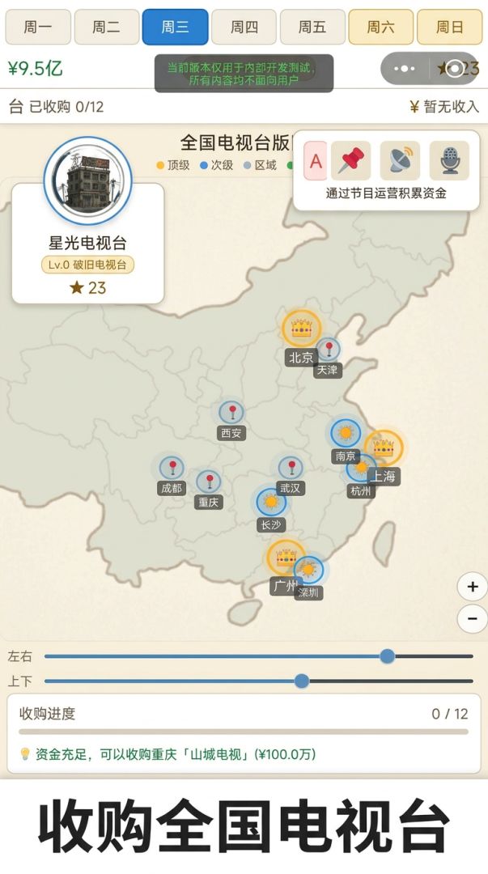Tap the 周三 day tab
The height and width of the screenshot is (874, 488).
point(175,27)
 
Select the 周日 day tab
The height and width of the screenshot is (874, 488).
point(449,27)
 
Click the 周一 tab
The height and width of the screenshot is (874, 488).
point(37,27)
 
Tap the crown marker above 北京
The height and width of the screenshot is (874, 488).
point(302,328)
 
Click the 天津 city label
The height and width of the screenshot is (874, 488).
point(327,370)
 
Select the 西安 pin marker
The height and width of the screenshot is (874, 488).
point(231,413)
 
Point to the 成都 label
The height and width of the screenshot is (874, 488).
point(171,488)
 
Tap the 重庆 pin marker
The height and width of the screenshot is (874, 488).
point(209,482)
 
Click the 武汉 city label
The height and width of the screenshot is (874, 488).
point(290,488)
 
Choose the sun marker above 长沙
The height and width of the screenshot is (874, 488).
point(271,502)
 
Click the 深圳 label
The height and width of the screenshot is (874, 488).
point(308,592)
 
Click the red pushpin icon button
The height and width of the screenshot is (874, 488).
point(350,161)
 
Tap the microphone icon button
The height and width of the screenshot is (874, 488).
point(449,161)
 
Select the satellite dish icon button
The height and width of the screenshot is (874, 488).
point(400,161)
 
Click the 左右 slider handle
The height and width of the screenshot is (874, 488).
point(388,656)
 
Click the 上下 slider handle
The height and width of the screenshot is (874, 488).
point(302,681)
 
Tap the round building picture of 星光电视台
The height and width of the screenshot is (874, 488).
point(87,180)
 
